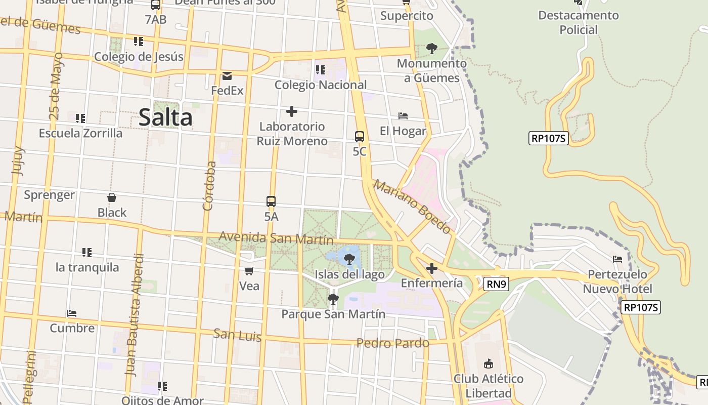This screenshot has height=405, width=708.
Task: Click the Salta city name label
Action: (x=165, y=117)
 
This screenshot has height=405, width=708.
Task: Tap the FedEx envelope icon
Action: (x=227, y=76)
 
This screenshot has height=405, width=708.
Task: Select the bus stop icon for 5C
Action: (x=360, y=136)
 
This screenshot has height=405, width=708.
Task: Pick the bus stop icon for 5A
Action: (x=271, y=201)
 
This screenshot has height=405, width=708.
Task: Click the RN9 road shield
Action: (x=496, y=284)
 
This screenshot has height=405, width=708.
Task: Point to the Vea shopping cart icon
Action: (x=249, y=271)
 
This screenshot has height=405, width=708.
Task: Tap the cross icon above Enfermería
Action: (x=431, y=268)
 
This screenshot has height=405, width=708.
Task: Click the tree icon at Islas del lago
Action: (x=348, y=260)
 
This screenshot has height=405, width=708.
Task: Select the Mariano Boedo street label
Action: (x=412, y=206)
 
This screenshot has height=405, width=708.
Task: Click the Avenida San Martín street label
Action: (x=276, y=237)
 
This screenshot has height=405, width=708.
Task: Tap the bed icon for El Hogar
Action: (x=403, y=116)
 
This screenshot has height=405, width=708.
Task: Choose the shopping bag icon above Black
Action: (x=112, y=197)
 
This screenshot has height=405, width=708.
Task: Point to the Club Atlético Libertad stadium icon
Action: (x=488, y=363)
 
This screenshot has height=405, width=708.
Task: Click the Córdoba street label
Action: (x=209, y=185)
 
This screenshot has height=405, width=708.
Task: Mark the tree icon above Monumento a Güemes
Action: (x=431, y=49)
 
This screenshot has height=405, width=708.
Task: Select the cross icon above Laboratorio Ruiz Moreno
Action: (x=291, y=111)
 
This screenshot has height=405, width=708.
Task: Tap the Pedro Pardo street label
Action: (x=393, y=343)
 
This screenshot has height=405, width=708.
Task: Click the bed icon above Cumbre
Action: (x=72, y=313)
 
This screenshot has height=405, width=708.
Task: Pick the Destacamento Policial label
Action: (x=579, y=22)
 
